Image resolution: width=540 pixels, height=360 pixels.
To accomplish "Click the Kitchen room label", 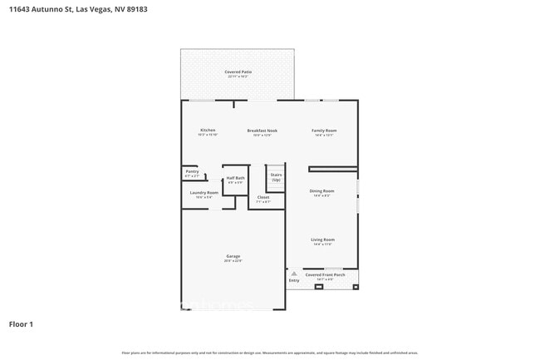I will (x=208, y=131).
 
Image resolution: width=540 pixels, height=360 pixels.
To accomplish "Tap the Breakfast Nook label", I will (x=262, y=131).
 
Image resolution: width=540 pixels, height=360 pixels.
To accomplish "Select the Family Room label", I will (x=323, y=131).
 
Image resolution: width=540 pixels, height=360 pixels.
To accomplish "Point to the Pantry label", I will (x=192, y=172).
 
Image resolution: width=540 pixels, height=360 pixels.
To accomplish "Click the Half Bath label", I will (x=236, y=179).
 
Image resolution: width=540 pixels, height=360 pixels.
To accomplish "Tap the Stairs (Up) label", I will (x=276, y=176).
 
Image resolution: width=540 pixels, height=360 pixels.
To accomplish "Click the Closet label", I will (x=263, y=198).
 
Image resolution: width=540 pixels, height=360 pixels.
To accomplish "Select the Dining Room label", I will (x=322, y=191).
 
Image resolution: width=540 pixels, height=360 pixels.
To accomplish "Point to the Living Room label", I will (x=322, y=240).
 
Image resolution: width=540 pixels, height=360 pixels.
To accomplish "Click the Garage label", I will (x=233, y=256).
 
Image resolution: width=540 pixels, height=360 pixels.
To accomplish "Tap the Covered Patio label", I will (x=238, y=72).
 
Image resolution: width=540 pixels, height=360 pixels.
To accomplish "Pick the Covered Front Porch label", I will (x=325, y=274).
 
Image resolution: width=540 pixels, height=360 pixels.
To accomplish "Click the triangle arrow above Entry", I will (x=293, y=273).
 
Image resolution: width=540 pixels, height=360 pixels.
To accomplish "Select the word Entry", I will (x=293, y=281).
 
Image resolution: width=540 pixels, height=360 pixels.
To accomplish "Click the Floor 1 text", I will (x=22, y=323).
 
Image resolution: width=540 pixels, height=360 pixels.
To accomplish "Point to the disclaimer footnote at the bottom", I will (x=270, y=353).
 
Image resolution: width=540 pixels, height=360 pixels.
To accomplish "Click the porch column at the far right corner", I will (x=356, y=287).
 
